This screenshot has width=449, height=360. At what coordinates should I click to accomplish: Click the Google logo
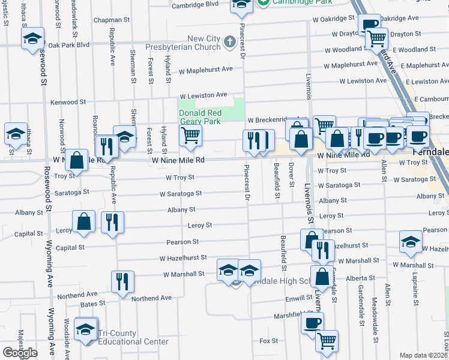click(20, 353)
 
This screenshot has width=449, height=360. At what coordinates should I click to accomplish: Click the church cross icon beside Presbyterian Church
click(229, 42)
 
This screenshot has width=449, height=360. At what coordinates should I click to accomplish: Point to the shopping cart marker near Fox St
click(327, 340)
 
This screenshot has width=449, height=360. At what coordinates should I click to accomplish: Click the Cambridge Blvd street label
click(195, 4)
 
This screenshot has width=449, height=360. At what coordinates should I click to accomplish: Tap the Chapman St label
click(112, 20)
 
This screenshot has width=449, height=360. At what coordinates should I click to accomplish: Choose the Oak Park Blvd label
click(68, 45)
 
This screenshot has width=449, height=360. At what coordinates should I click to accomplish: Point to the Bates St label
click(89, 305)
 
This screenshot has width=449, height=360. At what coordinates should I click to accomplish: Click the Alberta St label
click(360, 278)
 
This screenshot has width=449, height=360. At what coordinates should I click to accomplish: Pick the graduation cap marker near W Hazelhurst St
click(411, 242)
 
